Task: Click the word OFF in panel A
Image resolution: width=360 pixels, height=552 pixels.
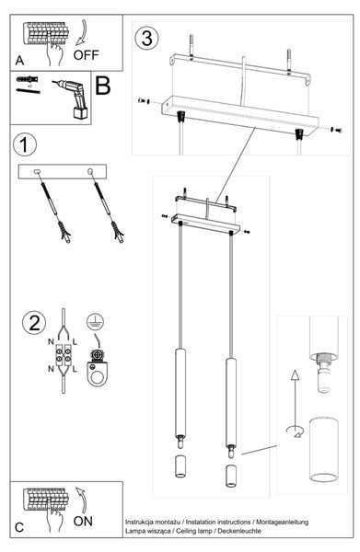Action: pos(86,55)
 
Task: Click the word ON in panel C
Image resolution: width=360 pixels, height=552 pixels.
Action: pos(83,521)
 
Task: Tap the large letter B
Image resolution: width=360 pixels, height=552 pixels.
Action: pos(103,86)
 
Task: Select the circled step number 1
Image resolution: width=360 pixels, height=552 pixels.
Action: pos(24,144)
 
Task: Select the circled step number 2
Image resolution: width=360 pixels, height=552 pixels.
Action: pos(34,323)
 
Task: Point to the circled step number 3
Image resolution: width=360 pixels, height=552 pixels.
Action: pos(146,38)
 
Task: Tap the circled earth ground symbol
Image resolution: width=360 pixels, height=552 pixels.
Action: pos(95,321)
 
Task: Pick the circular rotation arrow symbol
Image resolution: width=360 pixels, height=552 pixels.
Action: pos(296,431)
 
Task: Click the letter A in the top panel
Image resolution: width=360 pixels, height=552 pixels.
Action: pos(19,61)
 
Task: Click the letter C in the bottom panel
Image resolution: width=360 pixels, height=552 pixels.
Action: pos(19,527)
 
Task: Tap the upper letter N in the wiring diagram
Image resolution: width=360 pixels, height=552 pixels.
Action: pos(51,341)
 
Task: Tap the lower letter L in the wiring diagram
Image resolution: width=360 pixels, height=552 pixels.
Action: pos(75,370)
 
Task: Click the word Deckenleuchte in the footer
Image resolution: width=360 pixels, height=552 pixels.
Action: pos(239,531)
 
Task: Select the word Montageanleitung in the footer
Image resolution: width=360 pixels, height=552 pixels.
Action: pos(282,522)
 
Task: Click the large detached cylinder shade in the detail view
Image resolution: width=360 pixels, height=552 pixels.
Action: pos(324,449)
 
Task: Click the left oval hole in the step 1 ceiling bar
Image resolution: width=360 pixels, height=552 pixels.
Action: pos(37,172)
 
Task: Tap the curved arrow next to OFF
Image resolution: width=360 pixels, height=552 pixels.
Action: pos(82,33)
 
